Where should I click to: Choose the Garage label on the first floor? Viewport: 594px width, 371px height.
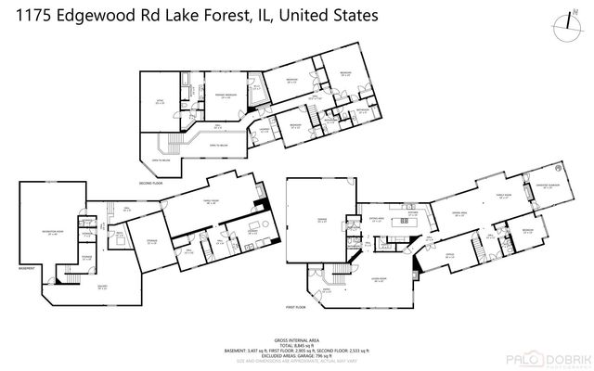pos(321,221)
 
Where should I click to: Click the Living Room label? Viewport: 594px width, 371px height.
pos(379,279)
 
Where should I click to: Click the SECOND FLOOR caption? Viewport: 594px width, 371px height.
pos(151,183)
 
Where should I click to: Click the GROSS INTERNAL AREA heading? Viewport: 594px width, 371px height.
pos(297,341)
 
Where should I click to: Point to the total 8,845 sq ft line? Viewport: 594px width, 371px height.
pos(297,347)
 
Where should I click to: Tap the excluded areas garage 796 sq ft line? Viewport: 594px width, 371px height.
pos(297,358)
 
